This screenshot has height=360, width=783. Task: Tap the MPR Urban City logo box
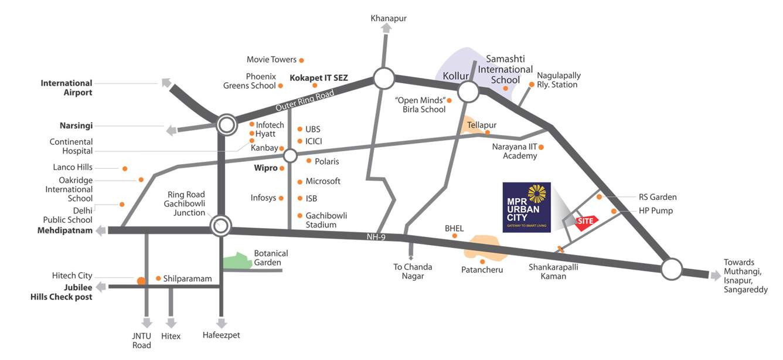coord(526,207)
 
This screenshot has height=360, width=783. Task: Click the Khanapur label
coord(388,18)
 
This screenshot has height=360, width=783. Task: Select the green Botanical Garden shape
coord(237,261)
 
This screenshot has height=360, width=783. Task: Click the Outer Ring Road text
coord(304,101)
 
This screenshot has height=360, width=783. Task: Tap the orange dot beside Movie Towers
coord(301,60)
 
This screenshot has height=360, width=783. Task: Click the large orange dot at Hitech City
coord(141,281)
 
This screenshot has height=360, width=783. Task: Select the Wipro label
coord(265,168)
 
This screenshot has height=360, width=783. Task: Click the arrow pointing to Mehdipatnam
coord(101,230)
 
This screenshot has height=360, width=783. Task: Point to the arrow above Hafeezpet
coord(222,323)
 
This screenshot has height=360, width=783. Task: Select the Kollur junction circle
coord(468,91)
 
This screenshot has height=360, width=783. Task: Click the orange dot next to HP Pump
coord(614,211)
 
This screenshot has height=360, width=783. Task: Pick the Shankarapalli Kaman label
coord(547,271)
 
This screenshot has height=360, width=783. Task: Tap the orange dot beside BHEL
coord(455,236)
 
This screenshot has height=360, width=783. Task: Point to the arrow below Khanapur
coord(387,28)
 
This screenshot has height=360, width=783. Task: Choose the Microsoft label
coord(323,181)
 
